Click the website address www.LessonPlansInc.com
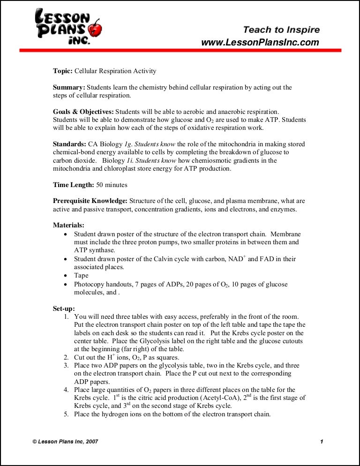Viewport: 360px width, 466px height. click(260, 42)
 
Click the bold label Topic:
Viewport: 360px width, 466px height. click(63, 71)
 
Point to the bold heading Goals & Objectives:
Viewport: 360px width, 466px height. click(83, 112)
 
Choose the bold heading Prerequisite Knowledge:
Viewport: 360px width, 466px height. click(90, 201)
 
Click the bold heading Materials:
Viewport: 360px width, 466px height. click(68, 225)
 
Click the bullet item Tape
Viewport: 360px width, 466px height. click(82, 276)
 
